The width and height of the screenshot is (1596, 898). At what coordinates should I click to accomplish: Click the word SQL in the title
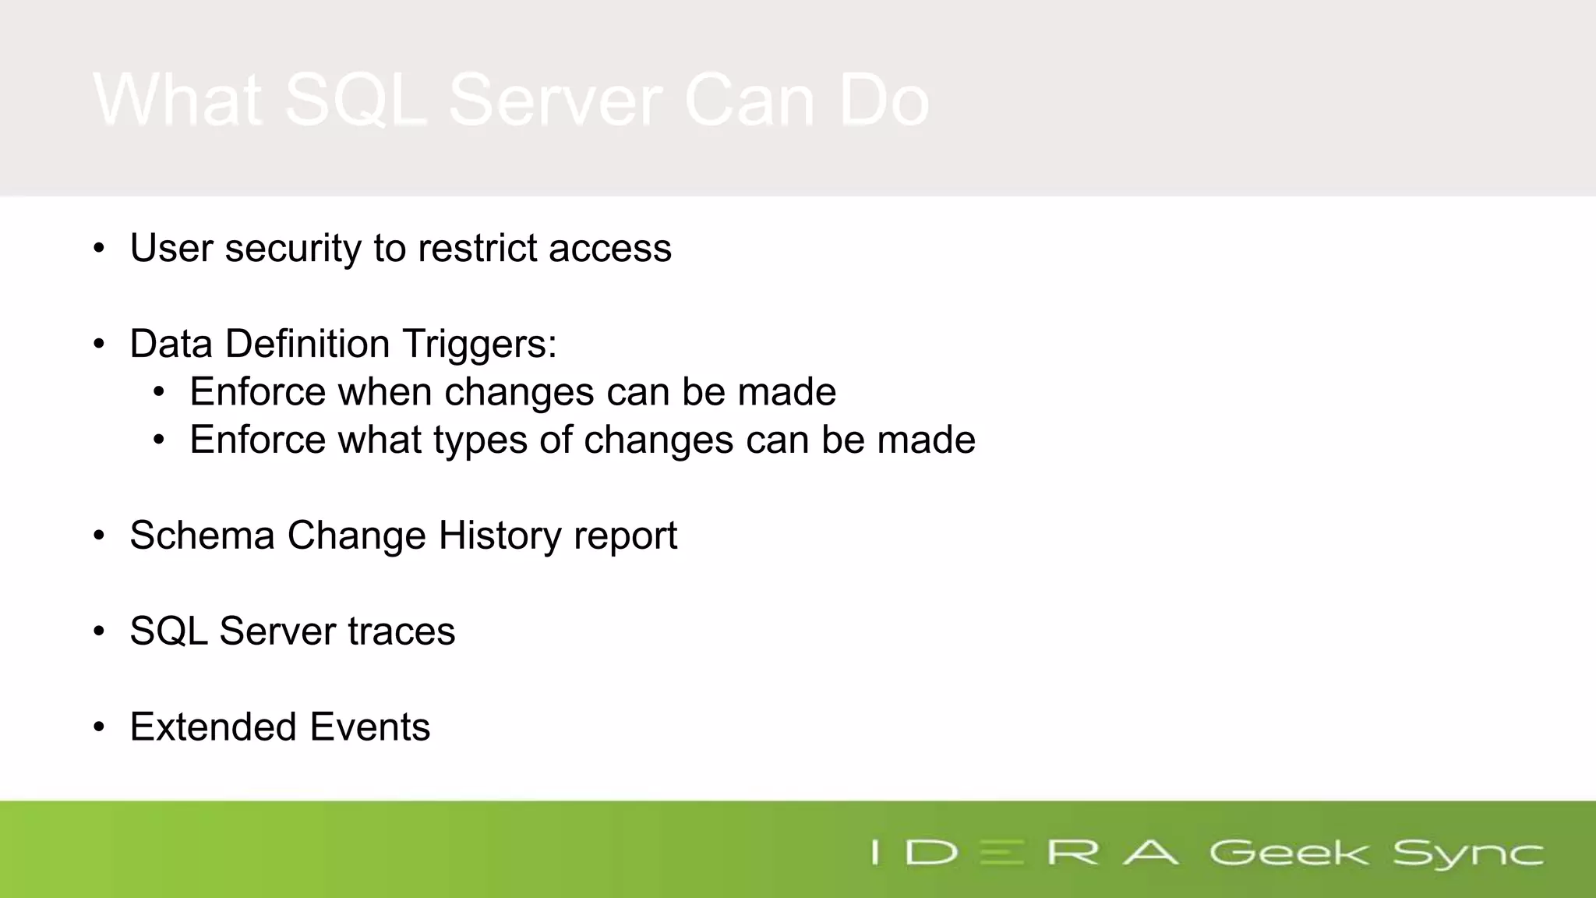(355, 100)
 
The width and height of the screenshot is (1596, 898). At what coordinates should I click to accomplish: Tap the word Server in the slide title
(555, 100)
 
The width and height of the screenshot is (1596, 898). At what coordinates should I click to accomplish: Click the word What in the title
(177, 100)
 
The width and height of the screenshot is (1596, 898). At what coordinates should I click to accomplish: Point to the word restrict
(477, 249)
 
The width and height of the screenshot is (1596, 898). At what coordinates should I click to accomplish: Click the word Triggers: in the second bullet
(479, 345)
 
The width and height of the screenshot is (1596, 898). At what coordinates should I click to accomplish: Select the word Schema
(202, 536)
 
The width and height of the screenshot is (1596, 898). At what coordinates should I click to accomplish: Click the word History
(500, 536)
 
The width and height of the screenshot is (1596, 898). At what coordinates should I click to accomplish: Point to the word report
(625, 536)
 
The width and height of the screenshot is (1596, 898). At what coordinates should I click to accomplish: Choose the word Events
(369, 727)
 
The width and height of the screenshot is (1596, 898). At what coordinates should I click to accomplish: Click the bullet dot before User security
(98, 249)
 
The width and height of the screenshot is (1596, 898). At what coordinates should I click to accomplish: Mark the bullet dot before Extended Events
(98, 727)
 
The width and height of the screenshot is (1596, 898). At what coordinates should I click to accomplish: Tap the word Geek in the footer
(1288, 853)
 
